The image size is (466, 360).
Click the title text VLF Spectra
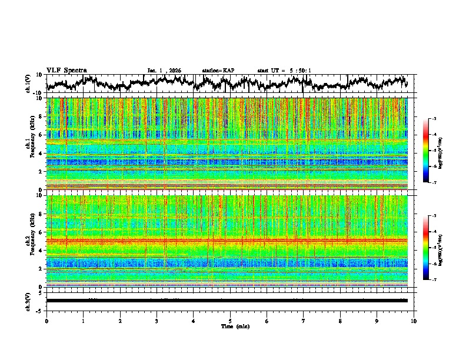66,70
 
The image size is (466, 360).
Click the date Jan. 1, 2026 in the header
164,71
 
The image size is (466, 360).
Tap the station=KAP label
218,71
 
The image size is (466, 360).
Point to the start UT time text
284,71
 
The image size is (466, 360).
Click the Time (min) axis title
230,326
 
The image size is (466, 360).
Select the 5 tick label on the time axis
230,321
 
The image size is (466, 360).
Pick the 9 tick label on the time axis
377,321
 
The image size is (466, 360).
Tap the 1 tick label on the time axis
83,321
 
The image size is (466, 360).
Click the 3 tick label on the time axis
157,321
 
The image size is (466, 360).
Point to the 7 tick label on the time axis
304,321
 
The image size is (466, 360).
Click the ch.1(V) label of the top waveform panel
28,84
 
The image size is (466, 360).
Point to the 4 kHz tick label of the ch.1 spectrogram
42,154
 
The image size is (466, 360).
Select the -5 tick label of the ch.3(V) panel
40,309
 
